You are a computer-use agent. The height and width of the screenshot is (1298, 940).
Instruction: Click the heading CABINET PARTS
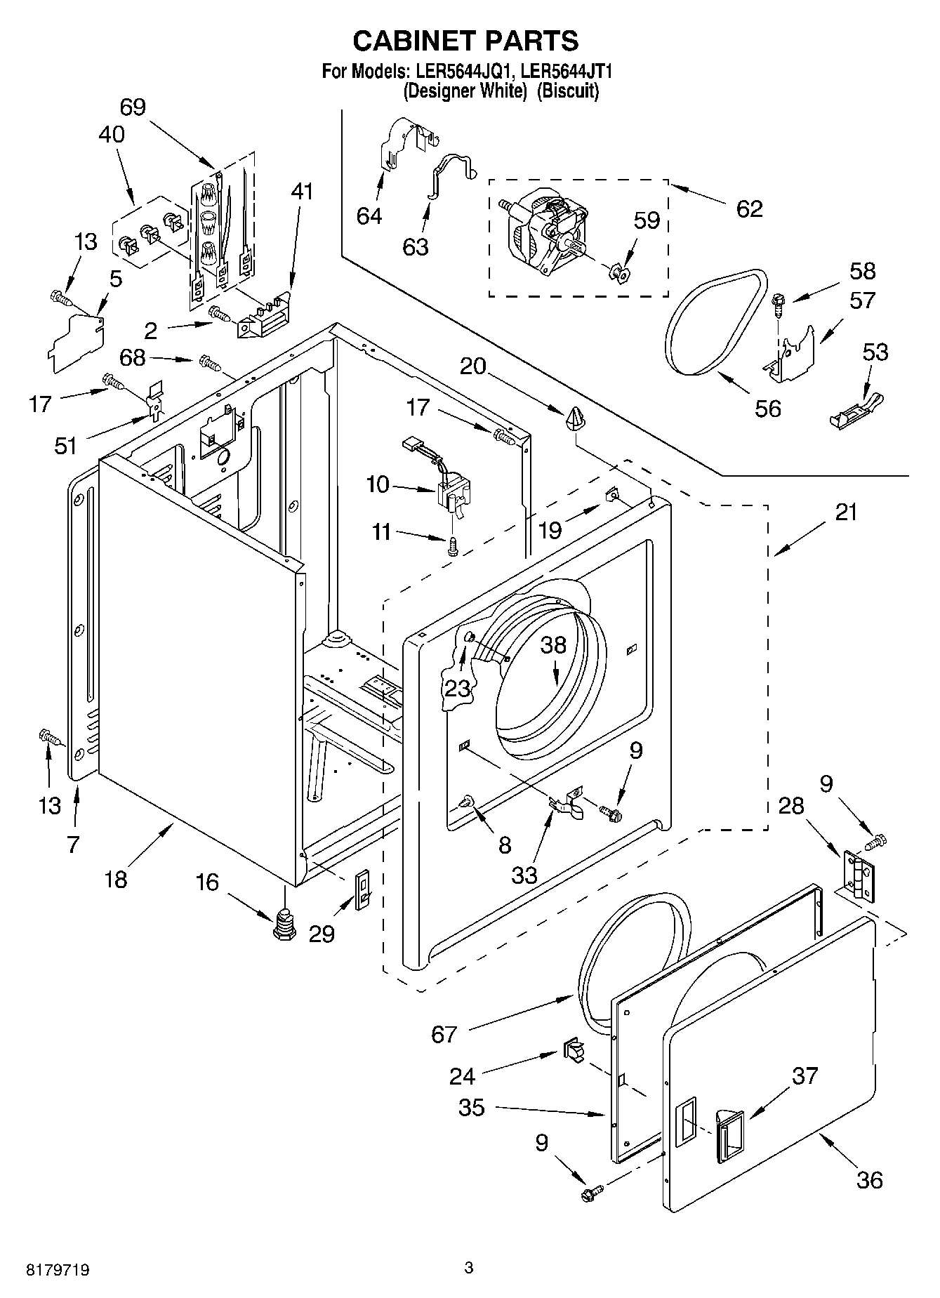click(x=465, y=41)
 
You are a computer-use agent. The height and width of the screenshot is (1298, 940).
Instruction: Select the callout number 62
click(x=749, y=208)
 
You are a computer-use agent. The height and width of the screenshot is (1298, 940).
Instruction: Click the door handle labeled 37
click(x=728, y=1132)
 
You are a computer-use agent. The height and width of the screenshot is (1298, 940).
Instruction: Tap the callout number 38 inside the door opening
click(x=552, y=644)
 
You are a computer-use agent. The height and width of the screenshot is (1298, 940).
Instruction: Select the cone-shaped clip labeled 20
click(x=574, y=418)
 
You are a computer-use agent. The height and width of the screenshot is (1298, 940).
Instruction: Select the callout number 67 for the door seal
click(x=444, y=1034)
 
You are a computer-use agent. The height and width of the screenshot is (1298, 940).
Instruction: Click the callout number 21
click(x=846, y=512)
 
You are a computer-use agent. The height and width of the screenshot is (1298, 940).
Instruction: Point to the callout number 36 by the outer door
click(x=869, y=1180)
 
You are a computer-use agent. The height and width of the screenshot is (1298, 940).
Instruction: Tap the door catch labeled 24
click(x=572, y=1050)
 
